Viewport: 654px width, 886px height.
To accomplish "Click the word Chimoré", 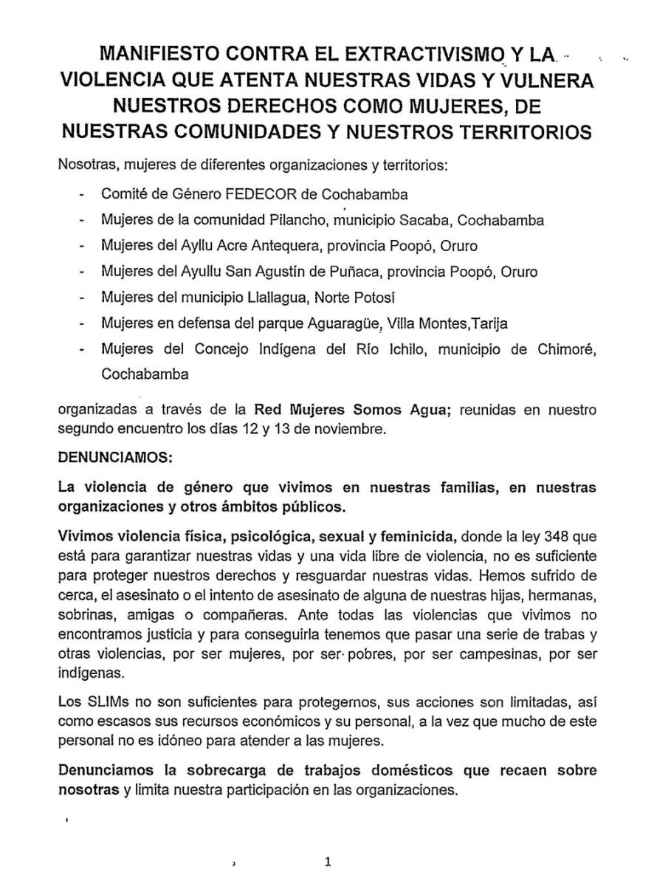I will [x=569, y=348].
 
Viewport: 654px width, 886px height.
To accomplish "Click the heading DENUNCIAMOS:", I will [x=115, y=458].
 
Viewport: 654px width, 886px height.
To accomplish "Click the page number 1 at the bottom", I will [x=328, y=862].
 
